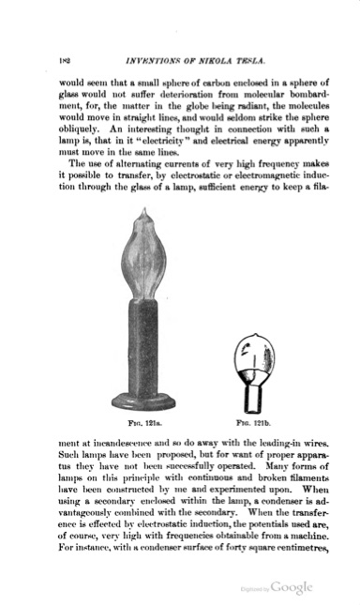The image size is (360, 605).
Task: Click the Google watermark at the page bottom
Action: click(x=291, y=587)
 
